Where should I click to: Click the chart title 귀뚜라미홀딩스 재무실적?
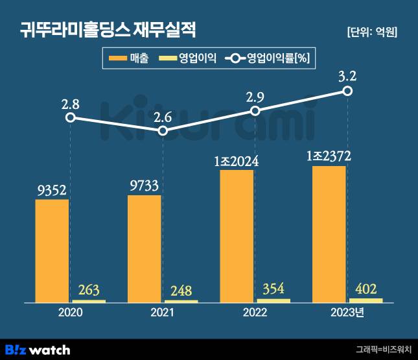(107, 30)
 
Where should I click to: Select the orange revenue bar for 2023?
(329, 234)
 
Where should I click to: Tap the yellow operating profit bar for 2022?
(273, 300)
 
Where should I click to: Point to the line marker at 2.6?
(163, 131)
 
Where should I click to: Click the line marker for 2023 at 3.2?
(347, 91)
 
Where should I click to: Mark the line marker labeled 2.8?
(71, 117)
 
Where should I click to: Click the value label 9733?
(144, 185)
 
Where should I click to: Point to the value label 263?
(89, 289)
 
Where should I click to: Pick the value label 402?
(366, 288)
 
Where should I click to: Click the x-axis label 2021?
(163, 313)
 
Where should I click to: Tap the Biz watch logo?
(38, 350)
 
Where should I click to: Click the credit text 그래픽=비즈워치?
(384, 350)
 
